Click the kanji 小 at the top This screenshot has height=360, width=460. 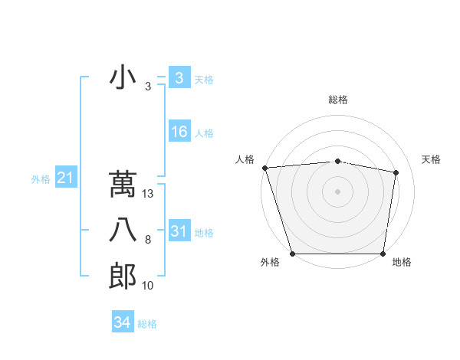click(123, 78)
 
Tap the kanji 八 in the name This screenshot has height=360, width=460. click(123, 231)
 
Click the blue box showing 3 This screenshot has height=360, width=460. click(179, 78)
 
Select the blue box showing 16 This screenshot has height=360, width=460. click(179, 132)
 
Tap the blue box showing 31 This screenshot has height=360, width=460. click(179, 231)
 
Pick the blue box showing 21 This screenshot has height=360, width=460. click(65, 178)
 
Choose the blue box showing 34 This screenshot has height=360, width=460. click(122, 322)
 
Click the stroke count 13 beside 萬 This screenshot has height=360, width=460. click(148, 195)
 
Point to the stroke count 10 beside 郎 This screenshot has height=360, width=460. click(148, 286)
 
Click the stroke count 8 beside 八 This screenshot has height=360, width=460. click(148, 241)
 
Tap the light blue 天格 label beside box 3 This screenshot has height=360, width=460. click(204, 80)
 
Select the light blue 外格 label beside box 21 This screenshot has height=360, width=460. click(41, 179)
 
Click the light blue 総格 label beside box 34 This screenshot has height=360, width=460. click(147, 324)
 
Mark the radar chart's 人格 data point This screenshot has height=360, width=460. click(264, 168)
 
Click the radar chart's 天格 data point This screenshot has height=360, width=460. click(396, 172)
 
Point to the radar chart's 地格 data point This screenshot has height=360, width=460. click(383, 254)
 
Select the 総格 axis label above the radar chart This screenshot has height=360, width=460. click(338, 100)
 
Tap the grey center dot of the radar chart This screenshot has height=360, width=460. click(337, 191)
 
